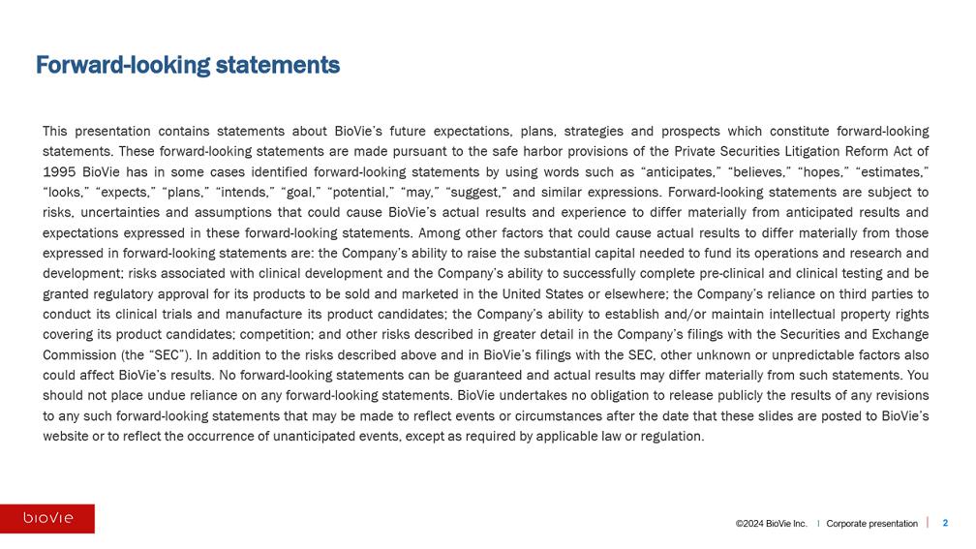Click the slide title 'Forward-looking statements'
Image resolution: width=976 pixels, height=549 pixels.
point(188,65)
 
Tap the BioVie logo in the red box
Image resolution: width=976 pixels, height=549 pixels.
point(47,518)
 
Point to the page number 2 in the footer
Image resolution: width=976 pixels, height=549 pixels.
point(945,523)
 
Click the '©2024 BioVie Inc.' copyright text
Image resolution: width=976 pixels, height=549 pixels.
point(771,524)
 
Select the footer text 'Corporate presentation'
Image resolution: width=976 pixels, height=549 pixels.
point(871,524)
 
